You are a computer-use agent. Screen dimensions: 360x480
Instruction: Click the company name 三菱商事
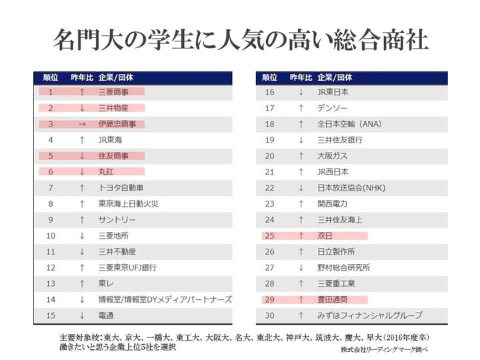point(113,92)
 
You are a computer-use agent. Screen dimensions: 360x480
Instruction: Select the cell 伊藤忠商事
point(117,124)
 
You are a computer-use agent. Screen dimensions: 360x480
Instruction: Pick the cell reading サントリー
point(117,219)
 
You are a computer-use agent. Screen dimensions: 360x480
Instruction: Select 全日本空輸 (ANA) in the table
point(349,124)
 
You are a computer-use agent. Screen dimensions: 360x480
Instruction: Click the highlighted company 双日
point(325,235)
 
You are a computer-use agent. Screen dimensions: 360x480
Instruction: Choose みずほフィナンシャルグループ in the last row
point(369,315)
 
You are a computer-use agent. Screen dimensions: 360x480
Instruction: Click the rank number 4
point(51,140)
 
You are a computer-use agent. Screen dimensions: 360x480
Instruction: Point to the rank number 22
point(270,188)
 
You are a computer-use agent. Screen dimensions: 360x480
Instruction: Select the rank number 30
point(270,315)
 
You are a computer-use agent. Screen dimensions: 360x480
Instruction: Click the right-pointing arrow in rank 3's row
point(81,124)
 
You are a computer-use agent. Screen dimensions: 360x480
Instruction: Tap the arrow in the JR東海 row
point(81,140)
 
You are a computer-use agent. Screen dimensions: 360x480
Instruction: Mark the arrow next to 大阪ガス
point(301,156)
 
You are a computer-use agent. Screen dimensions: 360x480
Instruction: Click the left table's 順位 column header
point(51,77)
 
